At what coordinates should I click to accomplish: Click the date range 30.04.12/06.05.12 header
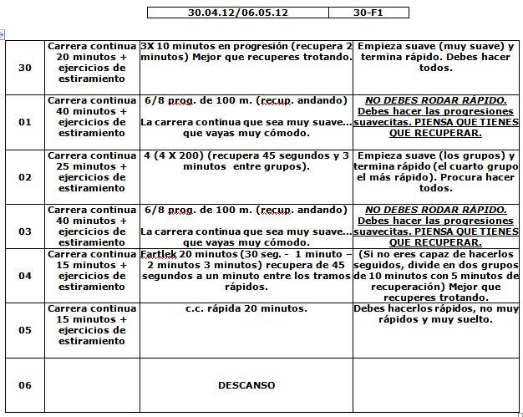(237, 13)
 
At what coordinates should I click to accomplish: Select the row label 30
(25, 68)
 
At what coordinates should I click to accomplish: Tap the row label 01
(25, 122)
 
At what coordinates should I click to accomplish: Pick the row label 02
(25, 177)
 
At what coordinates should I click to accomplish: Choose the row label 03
(25, 231)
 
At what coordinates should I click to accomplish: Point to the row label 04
(25, 276)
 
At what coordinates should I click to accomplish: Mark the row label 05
(25, 330)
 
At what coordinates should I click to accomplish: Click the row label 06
(25, 385)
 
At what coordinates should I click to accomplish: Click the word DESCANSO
(246, 385)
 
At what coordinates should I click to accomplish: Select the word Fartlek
(160, 254)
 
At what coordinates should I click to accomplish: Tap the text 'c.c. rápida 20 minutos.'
(246, 308)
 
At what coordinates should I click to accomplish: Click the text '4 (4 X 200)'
(172, 155)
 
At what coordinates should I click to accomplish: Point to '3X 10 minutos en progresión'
(209, 46)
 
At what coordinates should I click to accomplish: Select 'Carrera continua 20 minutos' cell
(91, 62)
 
